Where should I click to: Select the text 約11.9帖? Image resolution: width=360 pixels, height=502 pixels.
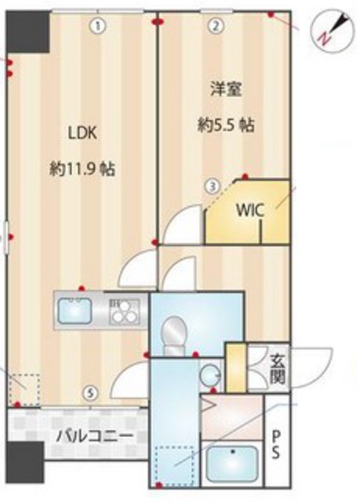click(x=81, y=168)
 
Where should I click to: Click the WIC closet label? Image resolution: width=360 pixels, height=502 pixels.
click(x=249, y=210)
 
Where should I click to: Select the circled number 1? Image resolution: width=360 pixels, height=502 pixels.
click(x=97, y=26)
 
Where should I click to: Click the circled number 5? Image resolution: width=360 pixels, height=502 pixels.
click(x=92, y=394)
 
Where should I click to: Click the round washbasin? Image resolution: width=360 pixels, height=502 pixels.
click(x=209, y=376)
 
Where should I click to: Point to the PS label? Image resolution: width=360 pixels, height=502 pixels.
click(x=277, y=444)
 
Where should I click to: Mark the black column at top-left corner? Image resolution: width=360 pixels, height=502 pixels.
click(x=27, y=31)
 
